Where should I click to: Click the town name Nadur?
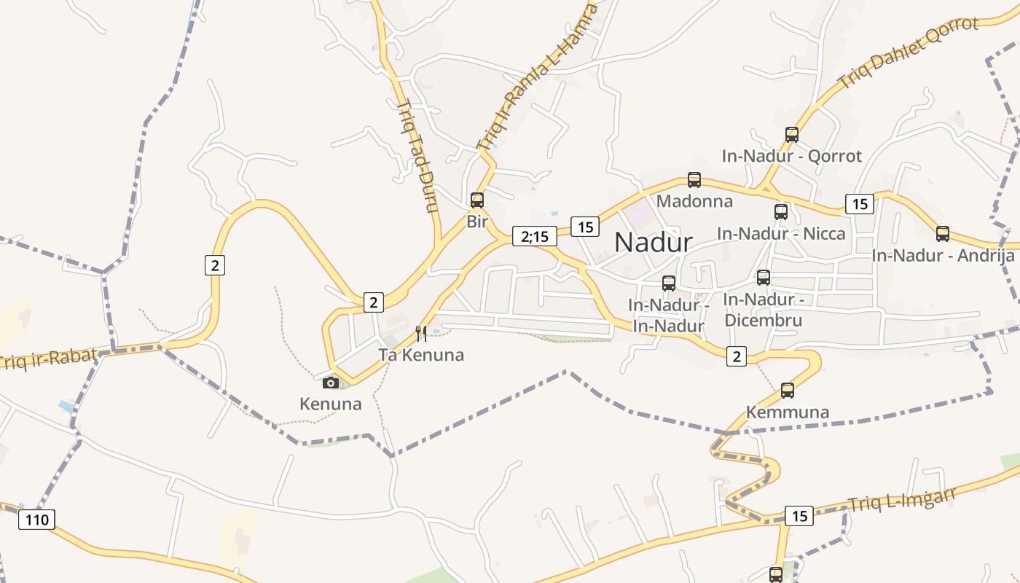(653, 242)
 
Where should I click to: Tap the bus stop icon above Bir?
(477, 200)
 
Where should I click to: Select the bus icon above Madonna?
(694, 179)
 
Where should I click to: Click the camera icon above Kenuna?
(331, 383)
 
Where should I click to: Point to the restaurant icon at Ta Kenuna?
(420, 334)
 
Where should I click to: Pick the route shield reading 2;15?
(535, 236)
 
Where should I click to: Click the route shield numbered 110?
(36, 520)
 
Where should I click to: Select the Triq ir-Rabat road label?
(48, 358)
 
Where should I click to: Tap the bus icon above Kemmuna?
(788, 390)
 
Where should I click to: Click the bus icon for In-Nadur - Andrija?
(943, 234)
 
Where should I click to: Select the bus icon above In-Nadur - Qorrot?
(792, 134)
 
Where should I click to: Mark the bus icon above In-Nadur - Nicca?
(781, 212)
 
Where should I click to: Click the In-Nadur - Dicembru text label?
(763, 310)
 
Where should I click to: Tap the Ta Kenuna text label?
(420, 356)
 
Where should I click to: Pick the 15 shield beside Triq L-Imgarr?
(799, 516)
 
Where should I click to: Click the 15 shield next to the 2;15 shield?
(584, 227)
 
